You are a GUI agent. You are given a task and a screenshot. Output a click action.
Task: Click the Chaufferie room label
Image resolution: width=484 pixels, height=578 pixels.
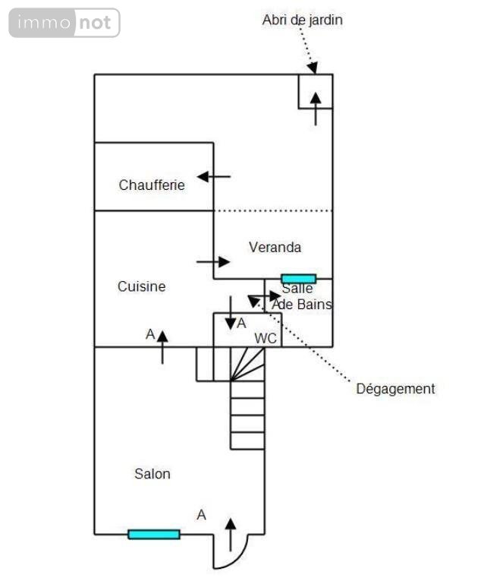(152, 185)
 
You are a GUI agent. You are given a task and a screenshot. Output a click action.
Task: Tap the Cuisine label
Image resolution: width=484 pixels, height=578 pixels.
(141, 286)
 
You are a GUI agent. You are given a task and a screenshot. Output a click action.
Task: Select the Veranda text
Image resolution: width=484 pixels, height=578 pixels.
(275, 247)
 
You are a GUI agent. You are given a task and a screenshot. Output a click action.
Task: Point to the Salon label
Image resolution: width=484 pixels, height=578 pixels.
(152, 474)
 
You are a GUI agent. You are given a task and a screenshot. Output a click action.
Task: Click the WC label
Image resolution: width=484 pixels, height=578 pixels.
(266, 338)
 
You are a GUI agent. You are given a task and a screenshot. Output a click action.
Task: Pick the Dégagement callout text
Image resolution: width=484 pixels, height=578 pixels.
(395, 389)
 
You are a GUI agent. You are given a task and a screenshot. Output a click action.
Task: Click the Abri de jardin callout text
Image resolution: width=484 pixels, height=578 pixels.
(302, 20)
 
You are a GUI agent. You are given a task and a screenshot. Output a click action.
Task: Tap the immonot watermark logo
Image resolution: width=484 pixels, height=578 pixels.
(64, 23)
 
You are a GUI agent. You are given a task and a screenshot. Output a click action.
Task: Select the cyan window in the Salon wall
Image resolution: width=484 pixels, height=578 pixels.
(154, 534)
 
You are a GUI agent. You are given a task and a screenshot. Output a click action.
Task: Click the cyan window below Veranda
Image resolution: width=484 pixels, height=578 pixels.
(298, 279)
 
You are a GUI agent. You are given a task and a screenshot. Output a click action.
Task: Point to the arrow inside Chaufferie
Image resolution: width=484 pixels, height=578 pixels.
(213, 177)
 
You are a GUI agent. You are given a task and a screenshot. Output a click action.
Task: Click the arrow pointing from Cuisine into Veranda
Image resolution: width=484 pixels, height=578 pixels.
(213, 261)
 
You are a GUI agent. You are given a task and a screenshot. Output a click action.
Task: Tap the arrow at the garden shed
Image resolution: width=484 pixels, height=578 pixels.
(316, 109)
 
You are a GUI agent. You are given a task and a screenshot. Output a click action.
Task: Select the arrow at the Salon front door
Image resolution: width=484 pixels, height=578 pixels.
(230, 534)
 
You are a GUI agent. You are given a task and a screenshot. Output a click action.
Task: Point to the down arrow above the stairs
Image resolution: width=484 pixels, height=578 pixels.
(230, 313)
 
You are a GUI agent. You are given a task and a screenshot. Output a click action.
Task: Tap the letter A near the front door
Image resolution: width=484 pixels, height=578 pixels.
(201, 515)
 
